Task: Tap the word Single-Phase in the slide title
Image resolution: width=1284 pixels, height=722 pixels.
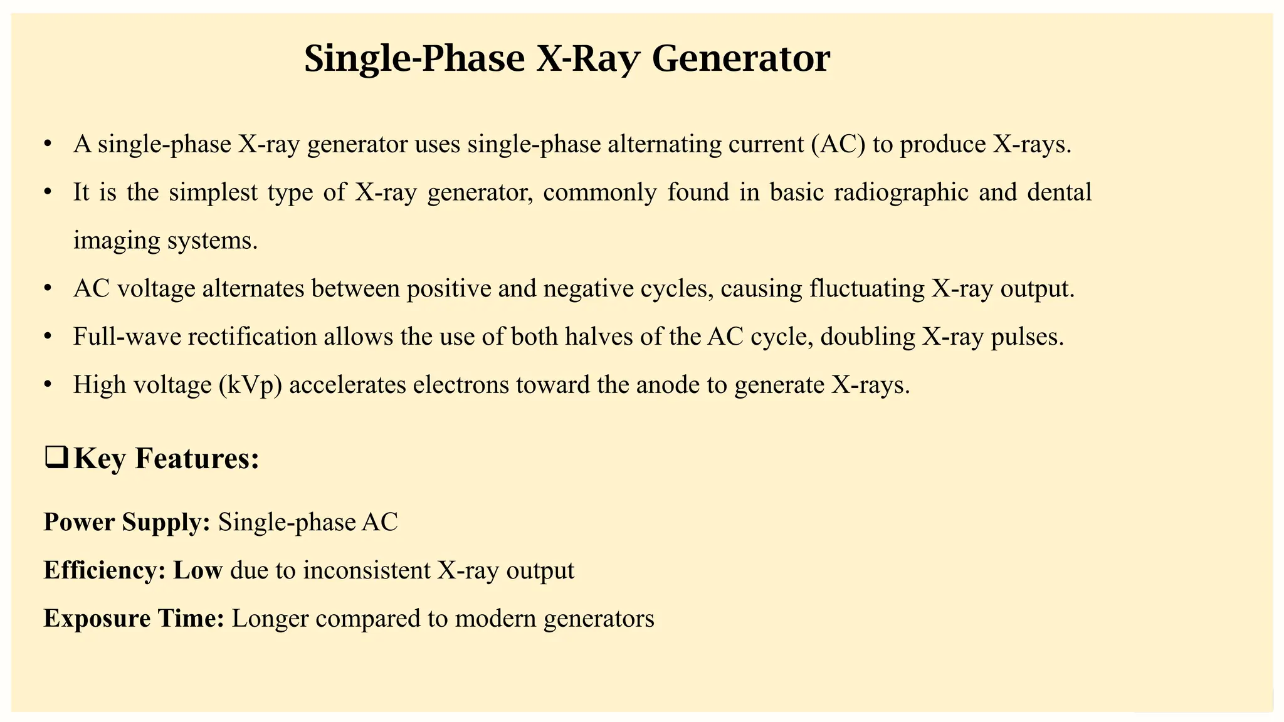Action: (414, 60)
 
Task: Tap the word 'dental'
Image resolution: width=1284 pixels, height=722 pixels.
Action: (1060, 192)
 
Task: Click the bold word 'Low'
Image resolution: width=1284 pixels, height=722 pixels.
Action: (197, 570)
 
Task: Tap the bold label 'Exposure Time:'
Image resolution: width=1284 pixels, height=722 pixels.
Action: (134, 619)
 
